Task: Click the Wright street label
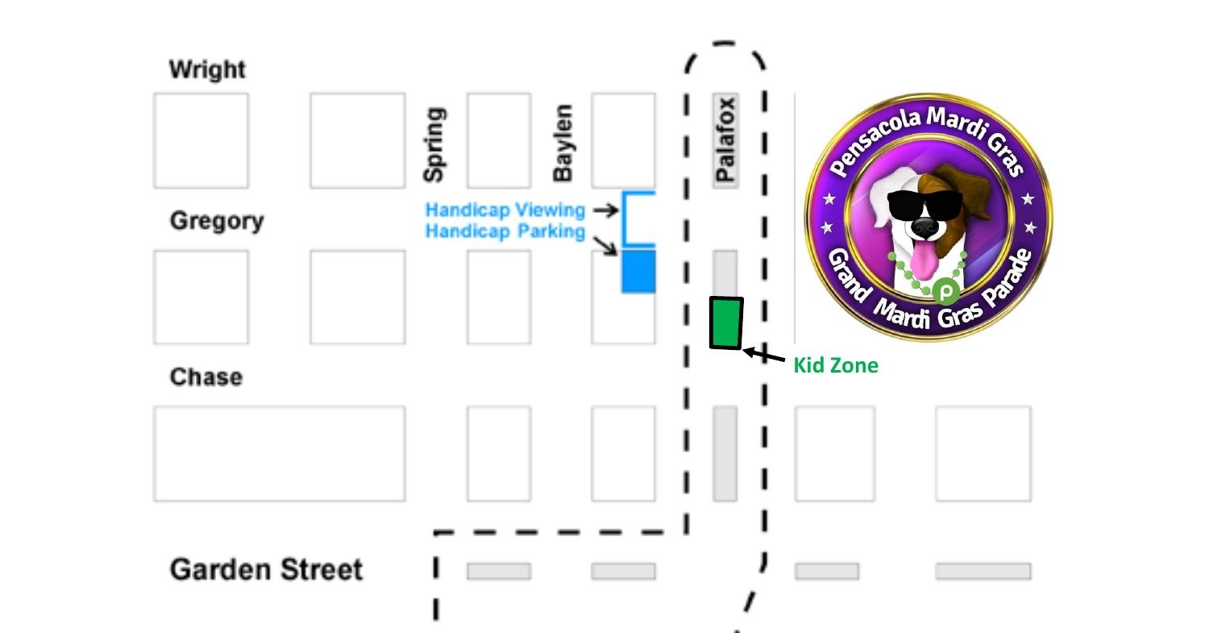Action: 207,69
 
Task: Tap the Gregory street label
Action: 216,221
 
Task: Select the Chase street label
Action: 206,377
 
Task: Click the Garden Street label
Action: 266,570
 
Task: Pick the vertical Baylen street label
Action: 563,143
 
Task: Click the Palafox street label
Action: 725,140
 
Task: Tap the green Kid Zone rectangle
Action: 725,323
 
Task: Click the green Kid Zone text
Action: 836,365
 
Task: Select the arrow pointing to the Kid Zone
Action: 762,355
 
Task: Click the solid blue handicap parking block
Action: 638,271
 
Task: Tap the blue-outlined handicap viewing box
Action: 639,219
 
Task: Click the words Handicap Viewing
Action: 505,210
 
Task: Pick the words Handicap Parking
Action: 505,232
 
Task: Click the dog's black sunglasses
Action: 924,206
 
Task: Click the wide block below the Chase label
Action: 279,454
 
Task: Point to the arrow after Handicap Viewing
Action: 605,210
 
